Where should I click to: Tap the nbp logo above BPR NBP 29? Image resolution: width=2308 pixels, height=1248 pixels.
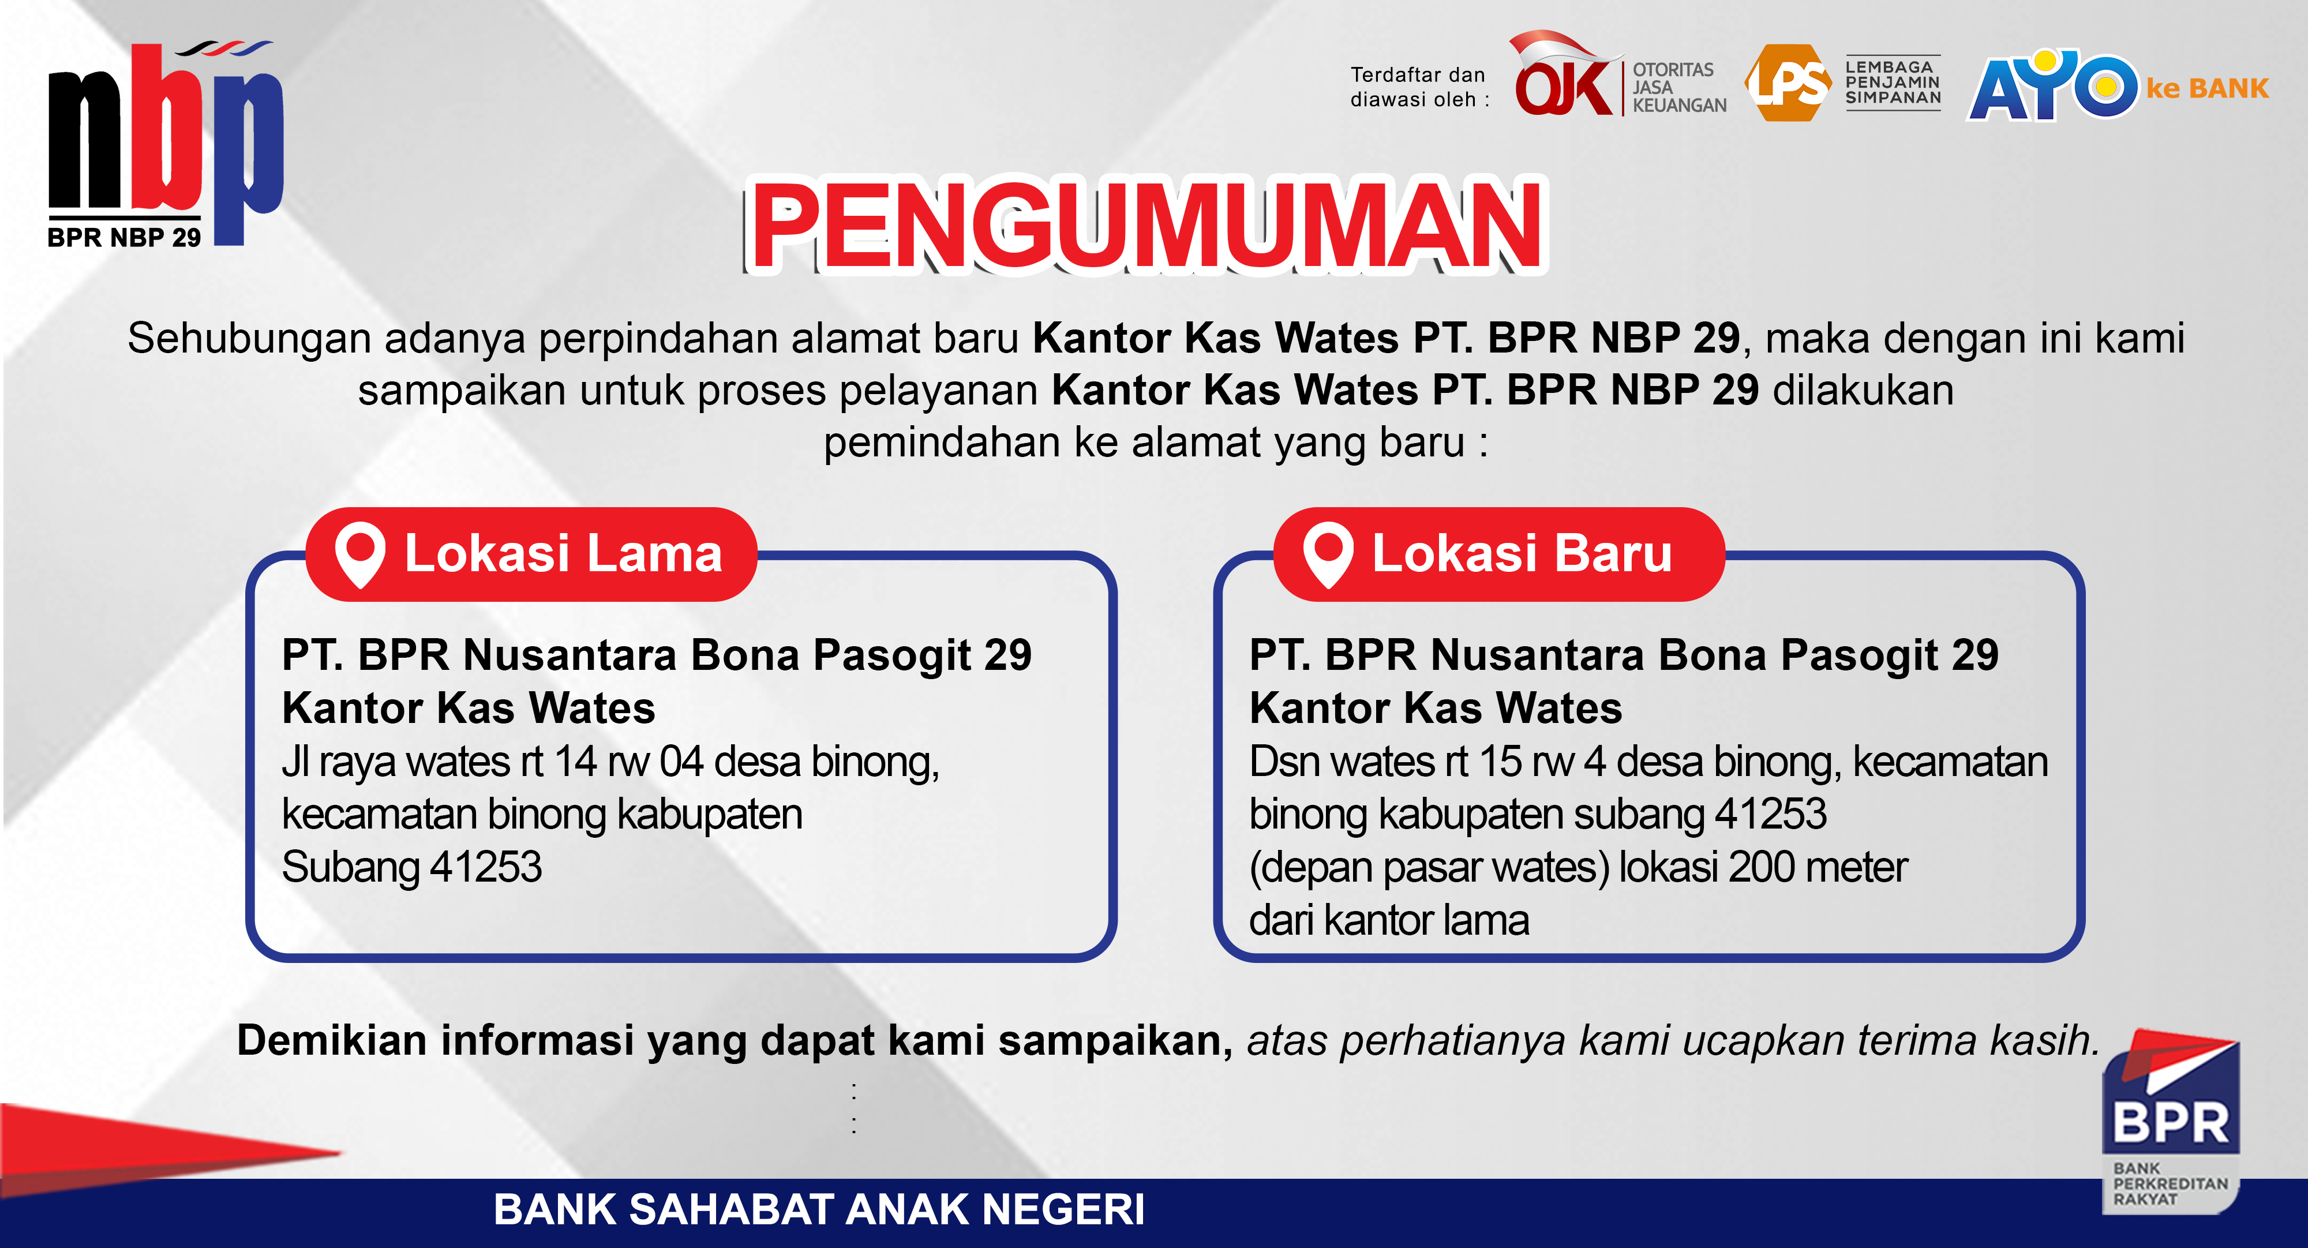(166, 134)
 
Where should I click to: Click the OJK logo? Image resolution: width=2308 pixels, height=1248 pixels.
(1564, 81)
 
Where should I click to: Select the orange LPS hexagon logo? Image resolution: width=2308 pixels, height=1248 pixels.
(1788, 83)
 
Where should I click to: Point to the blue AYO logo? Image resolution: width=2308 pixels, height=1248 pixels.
(2052, 86)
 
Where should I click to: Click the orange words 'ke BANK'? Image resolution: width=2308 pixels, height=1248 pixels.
(2207, 89)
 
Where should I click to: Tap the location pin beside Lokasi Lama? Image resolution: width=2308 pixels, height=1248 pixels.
(360, 554)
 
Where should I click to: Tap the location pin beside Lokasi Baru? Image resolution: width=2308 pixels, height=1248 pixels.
(1328, 554)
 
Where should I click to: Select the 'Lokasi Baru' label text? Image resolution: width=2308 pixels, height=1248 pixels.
(1522, 554)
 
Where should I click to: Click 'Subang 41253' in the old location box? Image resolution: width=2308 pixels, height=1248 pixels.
(411, 867)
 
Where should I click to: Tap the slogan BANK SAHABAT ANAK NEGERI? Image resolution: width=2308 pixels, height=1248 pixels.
(819, 1209)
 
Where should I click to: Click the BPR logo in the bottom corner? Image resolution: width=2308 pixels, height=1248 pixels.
(2171, 1125)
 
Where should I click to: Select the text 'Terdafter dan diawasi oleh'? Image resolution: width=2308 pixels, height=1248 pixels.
(1418, 87)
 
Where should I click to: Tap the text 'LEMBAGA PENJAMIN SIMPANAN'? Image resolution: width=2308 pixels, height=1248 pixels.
(1893, 83)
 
